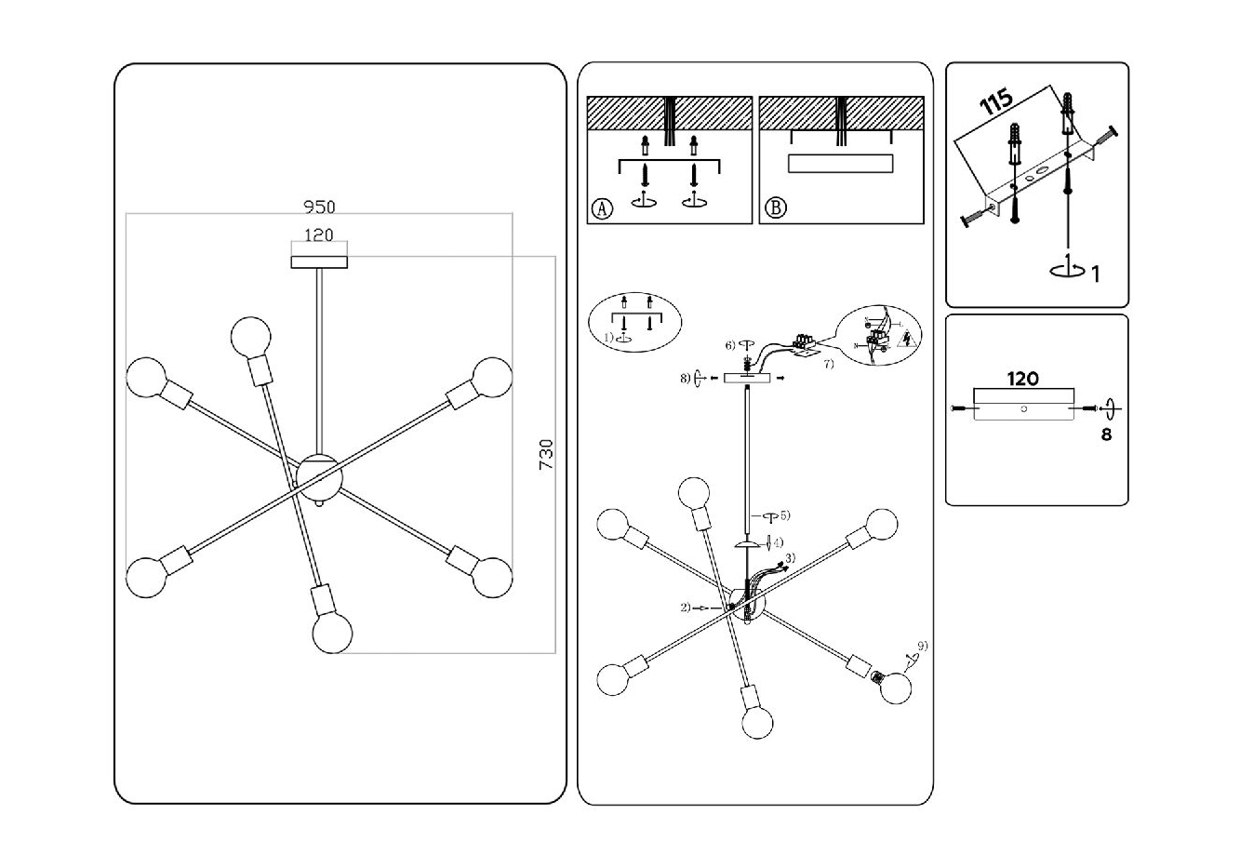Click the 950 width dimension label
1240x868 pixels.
[319, 207]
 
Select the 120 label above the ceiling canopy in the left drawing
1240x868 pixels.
[319, 236]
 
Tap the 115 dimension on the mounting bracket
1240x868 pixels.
[996, 102]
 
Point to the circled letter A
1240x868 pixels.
[602, 208]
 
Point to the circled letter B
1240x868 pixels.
[774, 208]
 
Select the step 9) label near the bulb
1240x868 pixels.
[922, 646]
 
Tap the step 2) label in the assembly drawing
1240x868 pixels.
[686, 608]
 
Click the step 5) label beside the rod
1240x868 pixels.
[784, 514]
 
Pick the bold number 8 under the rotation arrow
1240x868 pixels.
[1106, 434]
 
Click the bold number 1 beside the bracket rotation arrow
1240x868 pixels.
[1096, 274]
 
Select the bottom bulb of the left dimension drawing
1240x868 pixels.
[333, 634]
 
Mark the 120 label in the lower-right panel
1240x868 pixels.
[1022, 380]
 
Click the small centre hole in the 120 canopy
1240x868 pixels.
[1022, 408]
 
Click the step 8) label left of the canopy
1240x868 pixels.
[685, 379]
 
